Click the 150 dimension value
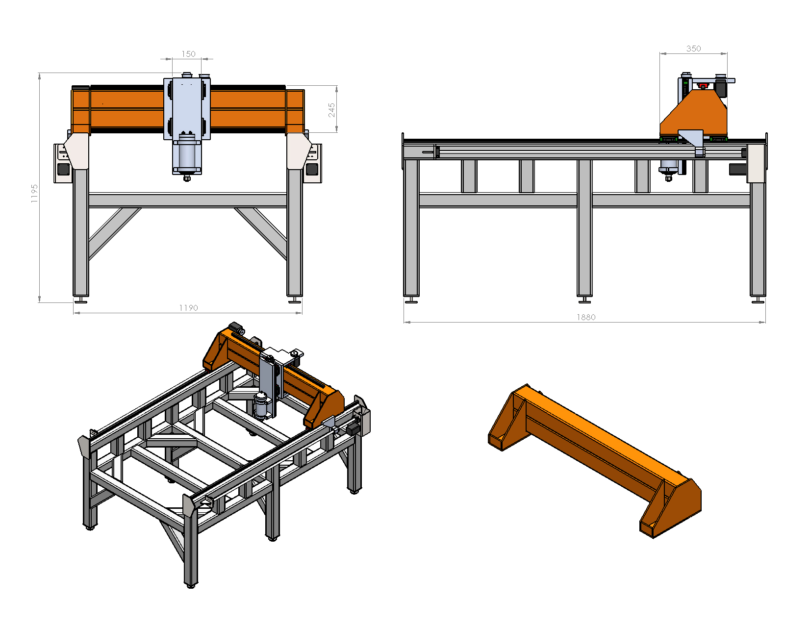(x=188, y=54)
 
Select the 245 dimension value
(x=332, y=110)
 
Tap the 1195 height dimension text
(x=34, y=194)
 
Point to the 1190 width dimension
(x=188, y=308)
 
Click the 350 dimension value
(x=693, y=49)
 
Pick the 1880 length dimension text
(x=585, y=317)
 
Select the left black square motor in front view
(x=64, y=169)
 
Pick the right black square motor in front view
(x=311, y=169)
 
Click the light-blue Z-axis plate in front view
(x=187, y=105)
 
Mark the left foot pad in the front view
(x=81, y=300)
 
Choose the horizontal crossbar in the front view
(x=187, y=200)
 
